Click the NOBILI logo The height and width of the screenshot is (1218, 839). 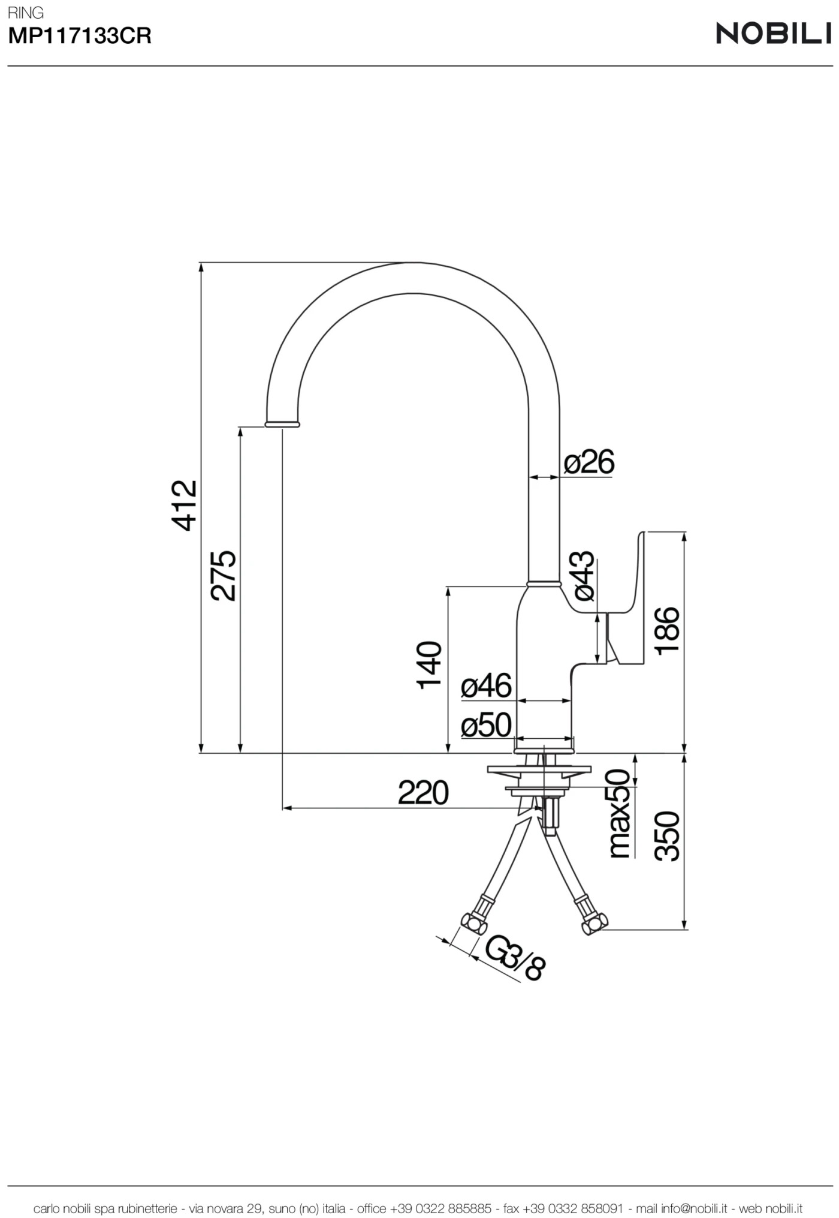click(773, 34)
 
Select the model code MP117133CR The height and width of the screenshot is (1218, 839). click(80, 37)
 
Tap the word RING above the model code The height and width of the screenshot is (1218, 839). click(26, 13)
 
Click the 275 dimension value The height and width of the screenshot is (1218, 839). click(224, 575)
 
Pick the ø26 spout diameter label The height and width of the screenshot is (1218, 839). click(589, 462)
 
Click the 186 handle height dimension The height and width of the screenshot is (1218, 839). click(667, 631)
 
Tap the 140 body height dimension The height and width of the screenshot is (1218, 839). click(429, 665)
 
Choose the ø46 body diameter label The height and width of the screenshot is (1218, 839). click(486, 686)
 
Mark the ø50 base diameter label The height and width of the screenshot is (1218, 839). click(486, 726)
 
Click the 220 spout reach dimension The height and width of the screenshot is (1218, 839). click(423, 793)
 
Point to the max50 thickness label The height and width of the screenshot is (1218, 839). click(620, 813)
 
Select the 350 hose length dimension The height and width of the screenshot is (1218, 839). click(667, 836)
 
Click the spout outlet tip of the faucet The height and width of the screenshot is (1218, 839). click(282, 424)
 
